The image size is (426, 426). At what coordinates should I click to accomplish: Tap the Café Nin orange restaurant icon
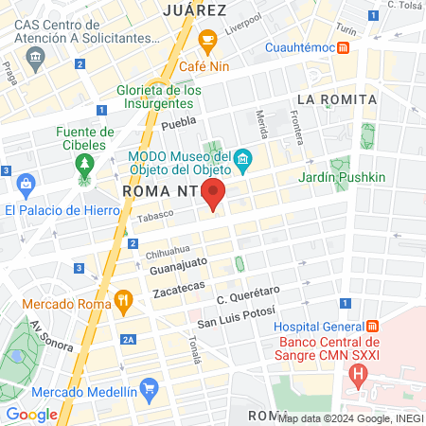[x=208, y=39]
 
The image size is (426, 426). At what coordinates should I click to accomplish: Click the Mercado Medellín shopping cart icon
[x=148, y=387]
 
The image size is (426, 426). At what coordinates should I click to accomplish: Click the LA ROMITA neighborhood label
[x=336, y=99]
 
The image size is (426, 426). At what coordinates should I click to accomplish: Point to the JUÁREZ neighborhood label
[x=194, y=10]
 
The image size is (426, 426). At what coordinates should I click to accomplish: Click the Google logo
[x=32, y=414]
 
